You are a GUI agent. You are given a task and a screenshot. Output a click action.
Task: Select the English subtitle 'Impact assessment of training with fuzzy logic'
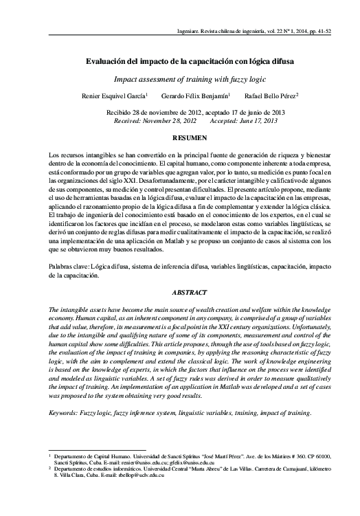click(x=180, y=79)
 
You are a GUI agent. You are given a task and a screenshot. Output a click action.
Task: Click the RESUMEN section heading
click(x=180, y=139)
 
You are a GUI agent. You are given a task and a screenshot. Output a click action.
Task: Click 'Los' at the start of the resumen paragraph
click(x=54, y=157)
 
